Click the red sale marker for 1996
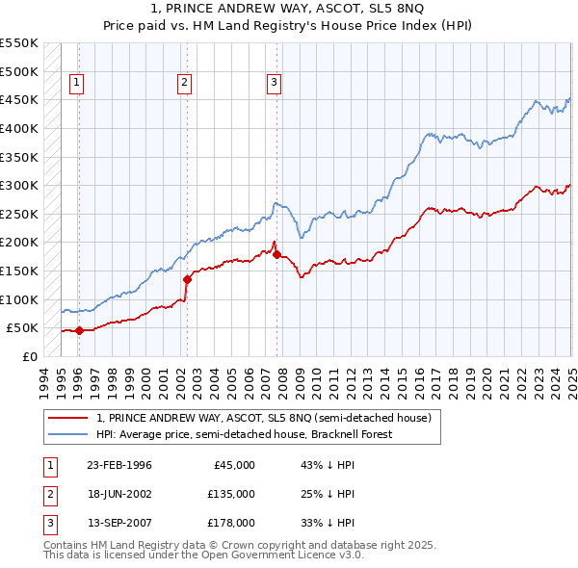[79, 330]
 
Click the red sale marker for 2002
[187, 279]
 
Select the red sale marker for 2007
[276, 255]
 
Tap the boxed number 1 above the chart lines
[76, 83]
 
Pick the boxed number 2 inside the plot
[183, 83]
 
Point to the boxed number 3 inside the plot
[274, 83]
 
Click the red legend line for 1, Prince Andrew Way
[67, 418]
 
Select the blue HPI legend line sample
[67, 434]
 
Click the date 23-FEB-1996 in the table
[119, 465]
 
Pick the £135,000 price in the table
[231, 494]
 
